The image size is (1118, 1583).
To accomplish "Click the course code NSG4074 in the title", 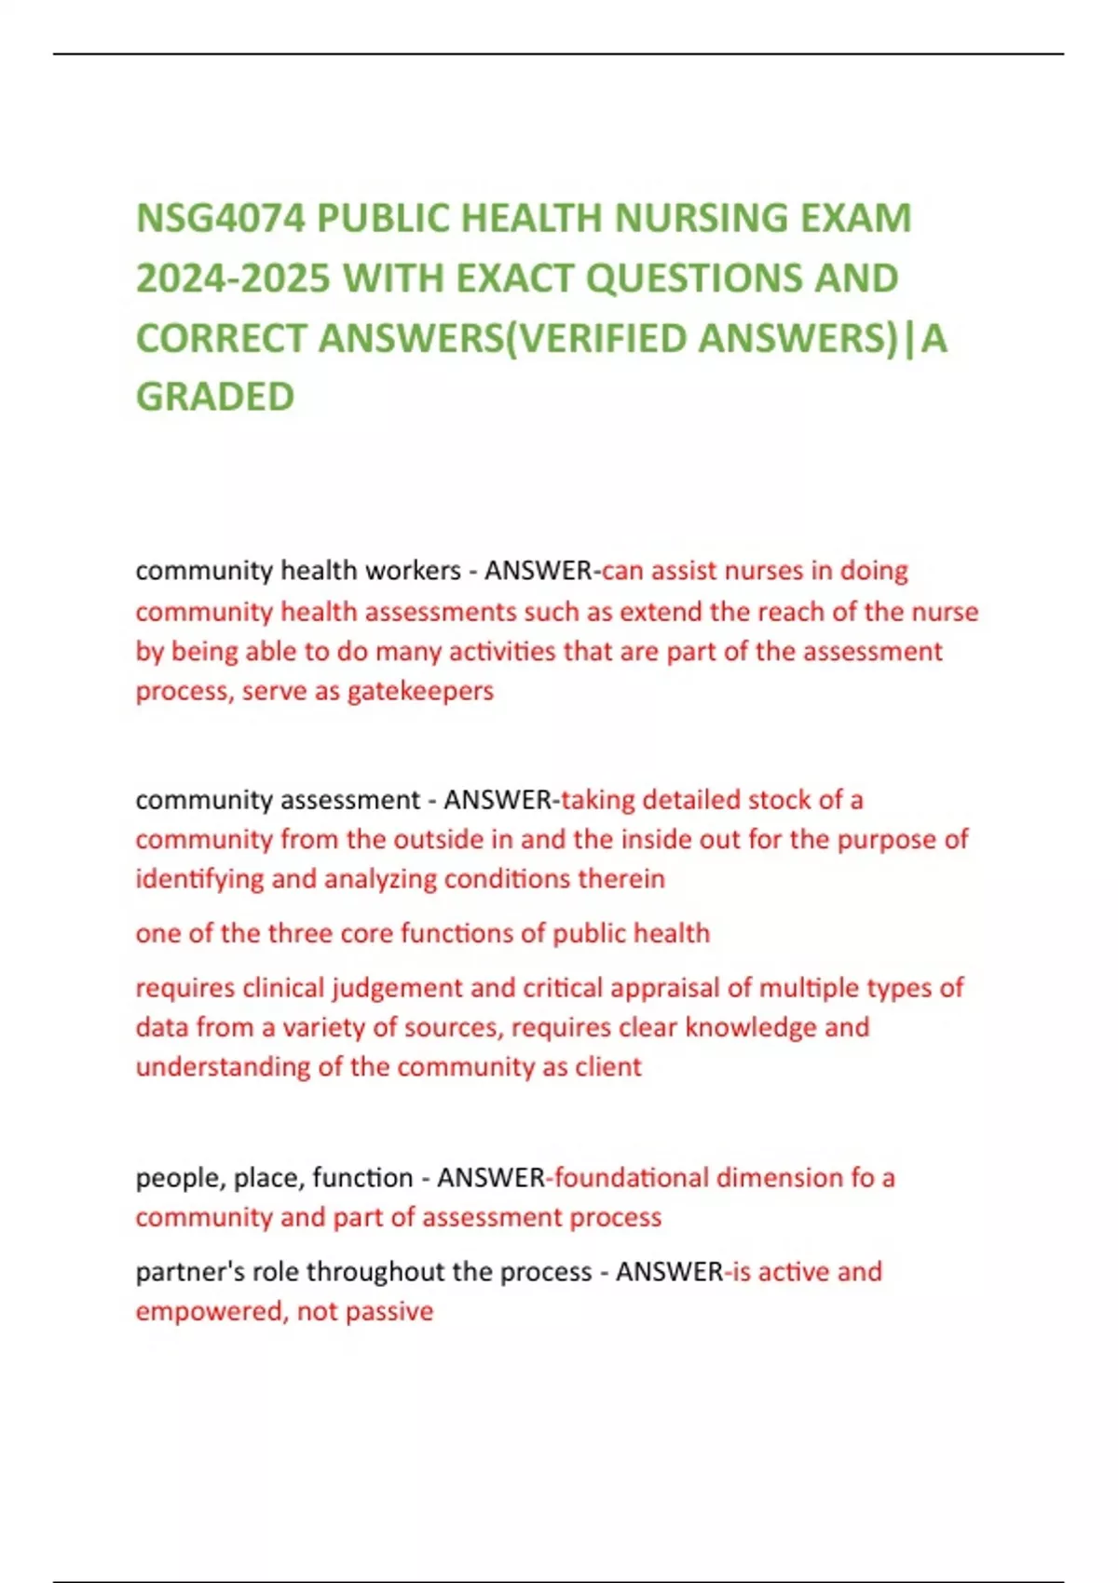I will (220, 219).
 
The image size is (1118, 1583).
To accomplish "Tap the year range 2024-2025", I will (233, 278).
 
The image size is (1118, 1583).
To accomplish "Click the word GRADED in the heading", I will (215, 397).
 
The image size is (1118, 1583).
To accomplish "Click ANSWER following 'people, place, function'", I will (490, 1178).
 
